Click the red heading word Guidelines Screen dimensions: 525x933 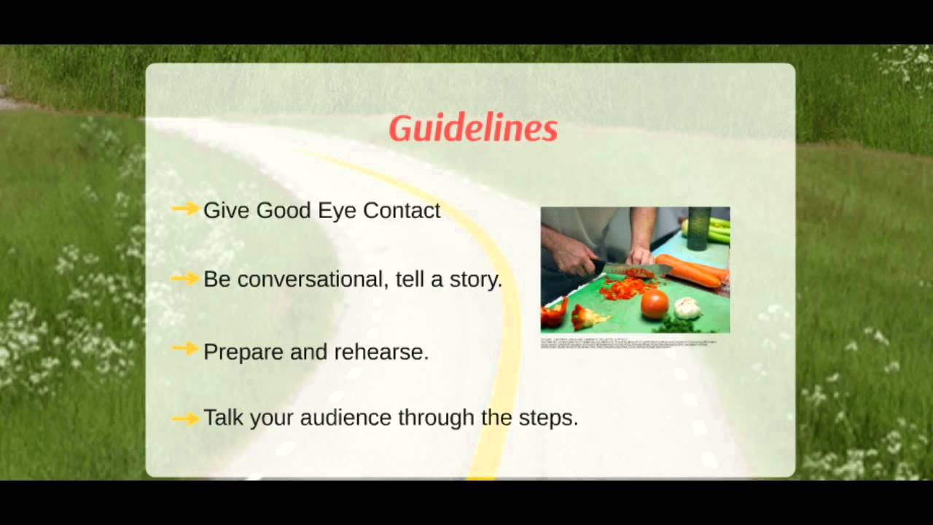473,129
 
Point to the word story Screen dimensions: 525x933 475,279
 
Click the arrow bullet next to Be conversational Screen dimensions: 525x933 185,279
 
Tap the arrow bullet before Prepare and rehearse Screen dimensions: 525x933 185,349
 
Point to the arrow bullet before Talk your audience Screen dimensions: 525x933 185,419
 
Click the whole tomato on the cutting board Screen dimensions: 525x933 654,303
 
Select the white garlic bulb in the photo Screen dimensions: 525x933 686,308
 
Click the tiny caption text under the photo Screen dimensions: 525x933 627,343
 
